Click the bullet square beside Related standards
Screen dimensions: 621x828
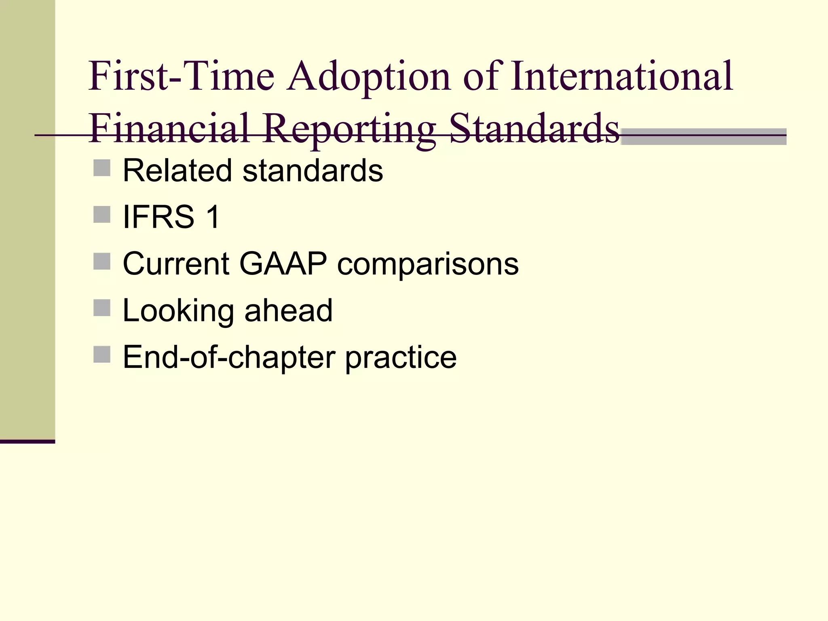pos(102,168)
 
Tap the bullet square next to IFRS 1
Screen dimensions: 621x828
pos(102,215)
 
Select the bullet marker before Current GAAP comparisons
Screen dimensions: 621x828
pos(102,261)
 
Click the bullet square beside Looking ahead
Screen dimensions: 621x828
pos(102,308)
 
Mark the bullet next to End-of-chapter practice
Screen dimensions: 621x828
pos(102,355)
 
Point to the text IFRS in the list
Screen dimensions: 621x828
pos(158,217)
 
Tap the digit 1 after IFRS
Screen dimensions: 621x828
pos(213,217)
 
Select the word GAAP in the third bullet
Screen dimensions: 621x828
pos(283,264)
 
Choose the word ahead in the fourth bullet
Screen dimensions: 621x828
pos(288,310)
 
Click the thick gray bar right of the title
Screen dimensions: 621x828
pos(703,137)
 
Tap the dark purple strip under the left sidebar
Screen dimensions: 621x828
pos(27,441)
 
